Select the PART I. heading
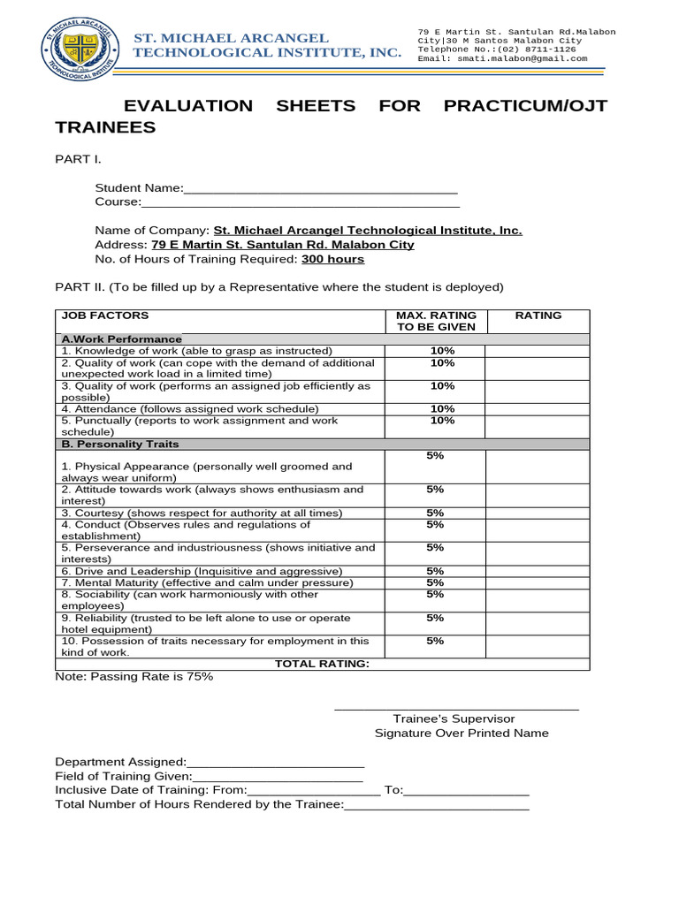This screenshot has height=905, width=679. pyautogui.click(x=79, y=159)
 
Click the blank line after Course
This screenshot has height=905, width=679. pyautogui.click(x=301, y=203)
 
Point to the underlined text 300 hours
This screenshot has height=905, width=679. pyautogui.click(x=332, y=260)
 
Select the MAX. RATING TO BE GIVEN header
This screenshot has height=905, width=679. pyautogui.click(x=437, y=321)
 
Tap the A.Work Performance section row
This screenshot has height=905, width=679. pyautogui.click(x=121, y=339)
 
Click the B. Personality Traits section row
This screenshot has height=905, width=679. pyautogui.click(x=119, y=444)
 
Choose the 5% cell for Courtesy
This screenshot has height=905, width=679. pyautogui.click(x=435, y=513)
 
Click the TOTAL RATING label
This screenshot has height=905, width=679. pyautogui.click(x=322, y=665)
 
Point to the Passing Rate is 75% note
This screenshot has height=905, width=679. pyautogui.click(x=134, y=677)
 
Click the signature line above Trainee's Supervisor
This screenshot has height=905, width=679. pyautogui.click(x=456, y=707)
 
